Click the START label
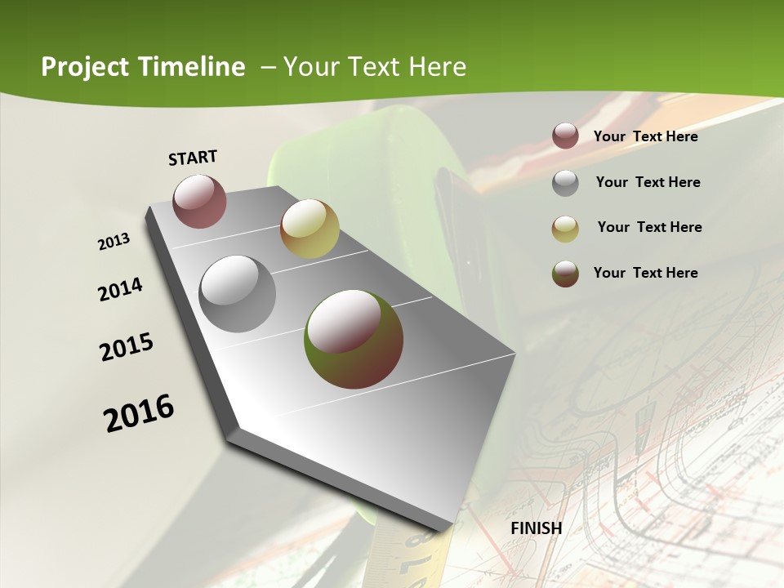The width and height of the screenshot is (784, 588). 193,157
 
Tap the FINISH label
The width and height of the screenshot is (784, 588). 537,528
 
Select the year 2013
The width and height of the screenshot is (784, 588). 114,242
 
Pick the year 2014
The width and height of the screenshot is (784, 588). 120,289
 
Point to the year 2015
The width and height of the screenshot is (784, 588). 127,347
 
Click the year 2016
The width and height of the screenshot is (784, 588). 139,412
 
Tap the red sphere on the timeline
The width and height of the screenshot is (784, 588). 200,201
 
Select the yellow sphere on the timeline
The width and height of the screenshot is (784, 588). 310,229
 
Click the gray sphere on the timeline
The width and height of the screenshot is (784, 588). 238,294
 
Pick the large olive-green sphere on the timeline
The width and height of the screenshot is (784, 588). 354,339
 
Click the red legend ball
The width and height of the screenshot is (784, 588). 565,136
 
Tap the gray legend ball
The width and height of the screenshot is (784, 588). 565,183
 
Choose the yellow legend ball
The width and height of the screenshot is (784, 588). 565,229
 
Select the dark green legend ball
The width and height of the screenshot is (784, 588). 565,274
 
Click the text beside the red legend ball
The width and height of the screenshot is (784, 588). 645,136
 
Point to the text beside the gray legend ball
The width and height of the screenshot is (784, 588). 648,182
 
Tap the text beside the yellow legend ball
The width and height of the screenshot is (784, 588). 649,227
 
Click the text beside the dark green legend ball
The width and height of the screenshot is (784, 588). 645,273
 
